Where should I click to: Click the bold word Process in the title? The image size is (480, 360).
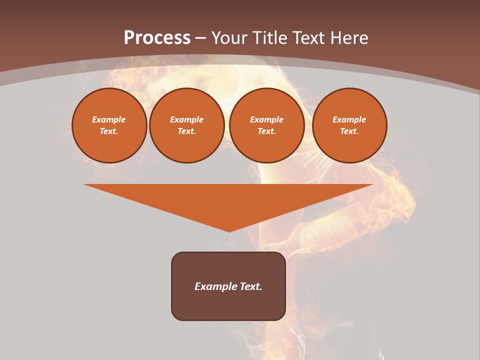pos(157,38)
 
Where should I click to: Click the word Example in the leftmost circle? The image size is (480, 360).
pos(109,119)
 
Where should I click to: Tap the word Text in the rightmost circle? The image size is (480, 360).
pos(349,131)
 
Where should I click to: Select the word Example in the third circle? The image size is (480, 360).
pos(266,119)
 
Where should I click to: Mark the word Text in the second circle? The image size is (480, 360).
pos(186,131)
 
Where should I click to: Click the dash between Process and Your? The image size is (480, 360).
pos(200,38)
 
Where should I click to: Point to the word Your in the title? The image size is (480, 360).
pos(228,38)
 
